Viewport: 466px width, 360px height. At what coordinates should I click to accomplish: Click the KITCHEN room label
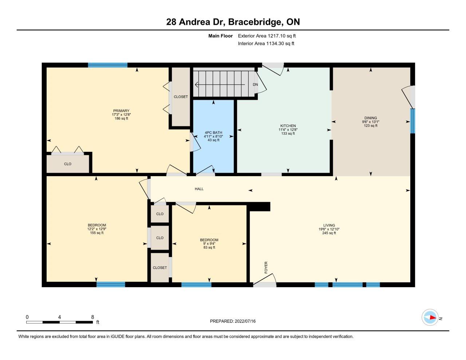point(288,126)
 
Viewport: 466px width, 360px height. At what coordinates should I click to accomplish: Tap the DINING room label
point(371,118)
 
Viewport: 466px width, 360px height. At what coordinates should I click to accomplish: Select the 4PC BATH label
point(213,133)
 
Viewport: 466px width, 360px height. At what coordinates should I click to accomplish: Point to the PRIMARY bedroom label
point(121,111)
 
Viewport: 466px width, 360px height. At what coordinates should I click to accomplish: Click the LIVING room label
point(329,225)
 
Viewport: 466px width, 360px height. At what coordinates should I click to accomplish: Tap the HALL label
point(199,189)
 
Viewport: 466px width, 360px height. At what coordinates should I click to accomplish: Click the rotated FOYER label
point(266,268)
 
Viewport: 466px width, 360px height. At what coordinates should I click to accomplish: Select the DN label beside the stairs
point(255,84)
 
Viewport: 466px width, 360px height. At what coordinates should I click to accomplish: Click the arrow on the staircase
point(220,85)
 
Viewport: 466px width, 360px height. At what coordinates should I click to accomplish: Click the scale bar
point(60,322)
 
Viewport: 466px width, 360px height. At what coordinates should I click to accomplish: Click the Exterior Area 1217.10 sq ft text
point(267,36)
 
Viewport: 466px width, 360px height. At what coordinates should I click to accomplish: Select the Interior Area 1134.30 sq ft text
point(266,44)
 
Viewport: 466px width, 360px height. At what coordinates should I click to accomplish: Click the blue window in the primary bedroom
point(108,65)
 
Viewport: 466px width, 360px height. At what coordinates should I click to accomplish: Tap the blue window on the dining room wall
point(412,121)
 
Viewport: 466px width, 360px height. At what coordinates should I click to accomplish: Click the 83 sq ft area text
point(209,248)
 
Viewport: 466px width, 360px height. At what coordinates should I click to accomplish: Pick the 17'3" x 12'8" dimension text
point(121,115)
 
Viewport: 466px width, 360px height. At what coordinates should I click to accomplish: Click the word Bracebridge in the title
point(254,22)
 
